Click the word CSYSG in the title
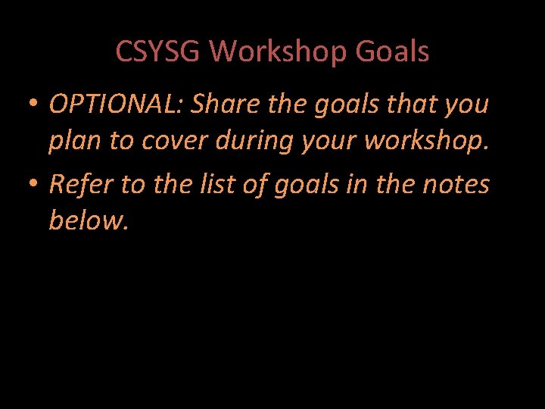pos(157,52)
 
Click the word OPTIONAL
pos(116,105)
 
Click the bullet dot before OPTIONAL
pos(34,105)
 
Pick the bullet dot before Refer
pos(34,183)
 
